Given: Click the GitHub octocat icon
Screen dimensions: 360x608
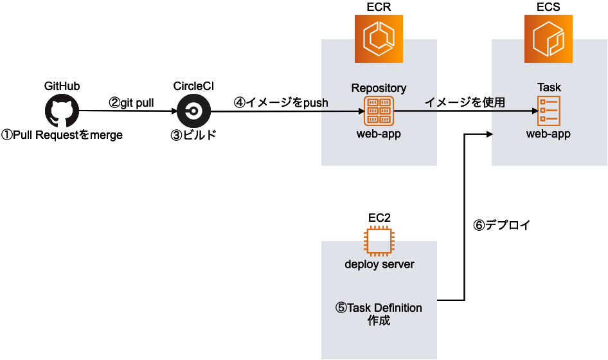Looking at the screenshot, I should coord(62,111).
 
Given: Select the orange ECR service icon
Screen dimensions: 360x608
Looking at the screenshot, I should coord(379,39).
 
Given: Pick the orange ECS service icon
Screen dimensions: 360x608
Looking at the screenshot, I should coord(548,39).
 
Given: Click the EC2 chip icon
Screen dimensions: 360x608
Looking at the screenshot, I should coord(379,242).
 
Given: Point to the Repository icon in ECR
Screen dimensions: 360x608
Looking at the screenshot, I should coord(379,111).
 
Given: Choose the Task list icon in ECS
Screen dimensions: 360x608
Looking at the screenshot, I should coord(548,111).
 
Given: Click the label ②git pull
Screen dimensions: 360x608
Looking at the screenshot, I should coord(131,102).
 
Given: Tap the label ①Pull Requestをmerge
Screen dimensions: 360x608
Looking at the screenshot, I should coord(62,135).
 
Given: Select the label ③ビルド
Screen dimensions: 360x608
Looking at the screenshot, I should coord(193,135).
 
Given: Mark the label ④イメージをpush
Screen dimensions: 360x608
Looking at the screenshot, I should coord(281,102).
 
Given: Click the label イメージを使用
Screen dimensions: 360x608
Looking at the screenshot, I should coord(465,102).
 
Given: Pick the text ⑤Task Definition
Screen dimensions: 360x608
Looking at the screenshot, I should coord(379,308).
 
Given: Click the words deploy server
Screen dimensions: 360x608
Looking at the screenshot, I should coord(379,264).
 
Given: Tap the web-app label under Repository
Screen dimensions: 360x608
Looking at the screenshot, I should coord(379,134).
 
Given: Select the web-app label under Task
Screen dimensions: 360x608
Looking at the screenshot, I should coord(548,134).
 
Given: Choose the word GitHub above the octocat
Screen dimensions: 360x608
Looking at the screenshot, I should coord(62,86).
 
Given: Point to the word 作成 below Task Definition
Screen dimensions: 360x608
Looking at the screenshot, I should coord(379,321).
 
